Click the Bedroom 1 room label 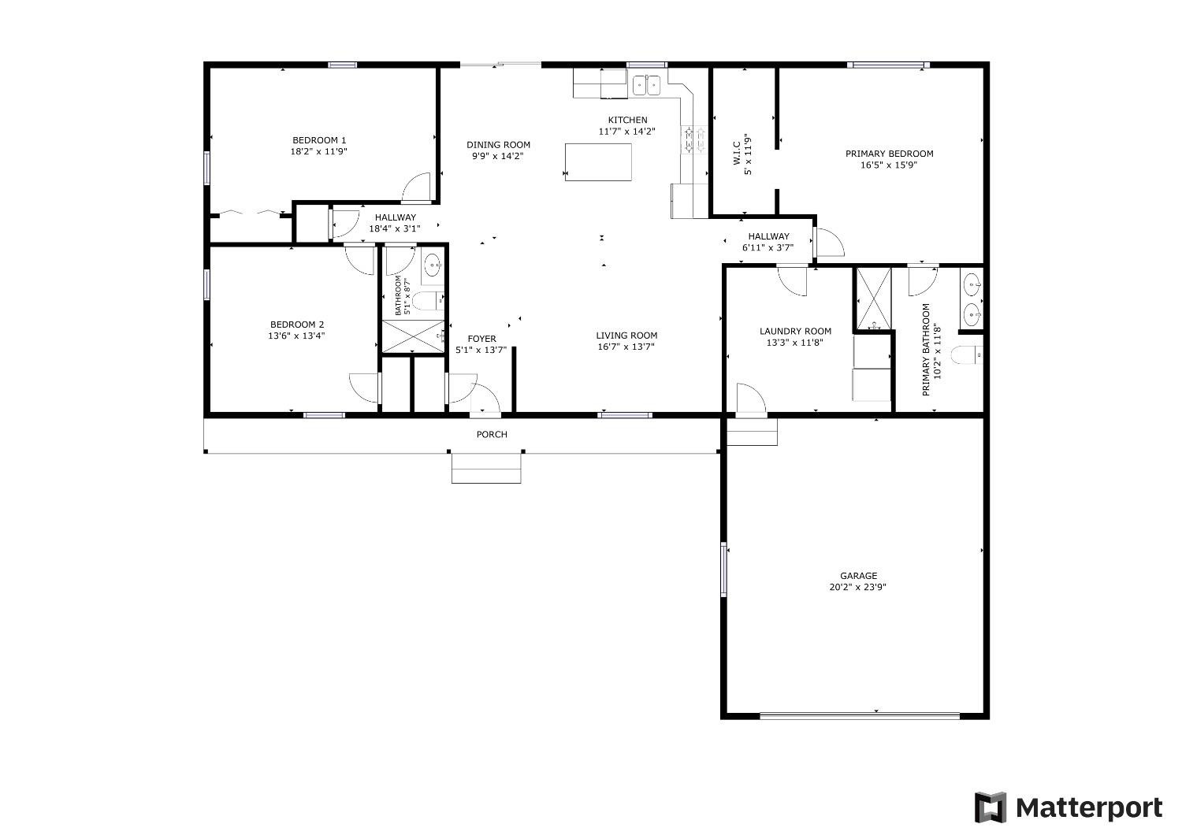[319, 140]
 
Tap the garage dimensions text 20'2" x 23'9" [858, 587]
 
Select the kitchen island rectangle [598, 161]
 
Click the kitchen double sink [647, 84]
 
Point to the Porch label [492, 435]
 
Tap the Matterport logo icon [991, 807]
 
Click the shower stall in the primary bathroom [873, 299]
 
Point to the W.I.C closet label [736, 154]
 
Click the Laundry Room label [795, 332]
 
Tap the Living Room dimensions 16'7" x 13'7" [626, 347]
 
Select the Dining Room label [498, 145]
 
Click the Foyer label [481, 340]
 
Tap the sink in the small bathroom [432, 266]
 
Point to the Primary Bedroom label [889, 154]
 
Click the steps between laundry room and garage [752, 432]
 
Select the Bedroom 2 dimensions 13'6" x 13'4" [296, 336]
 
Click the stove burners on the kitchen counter [694, 139]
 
